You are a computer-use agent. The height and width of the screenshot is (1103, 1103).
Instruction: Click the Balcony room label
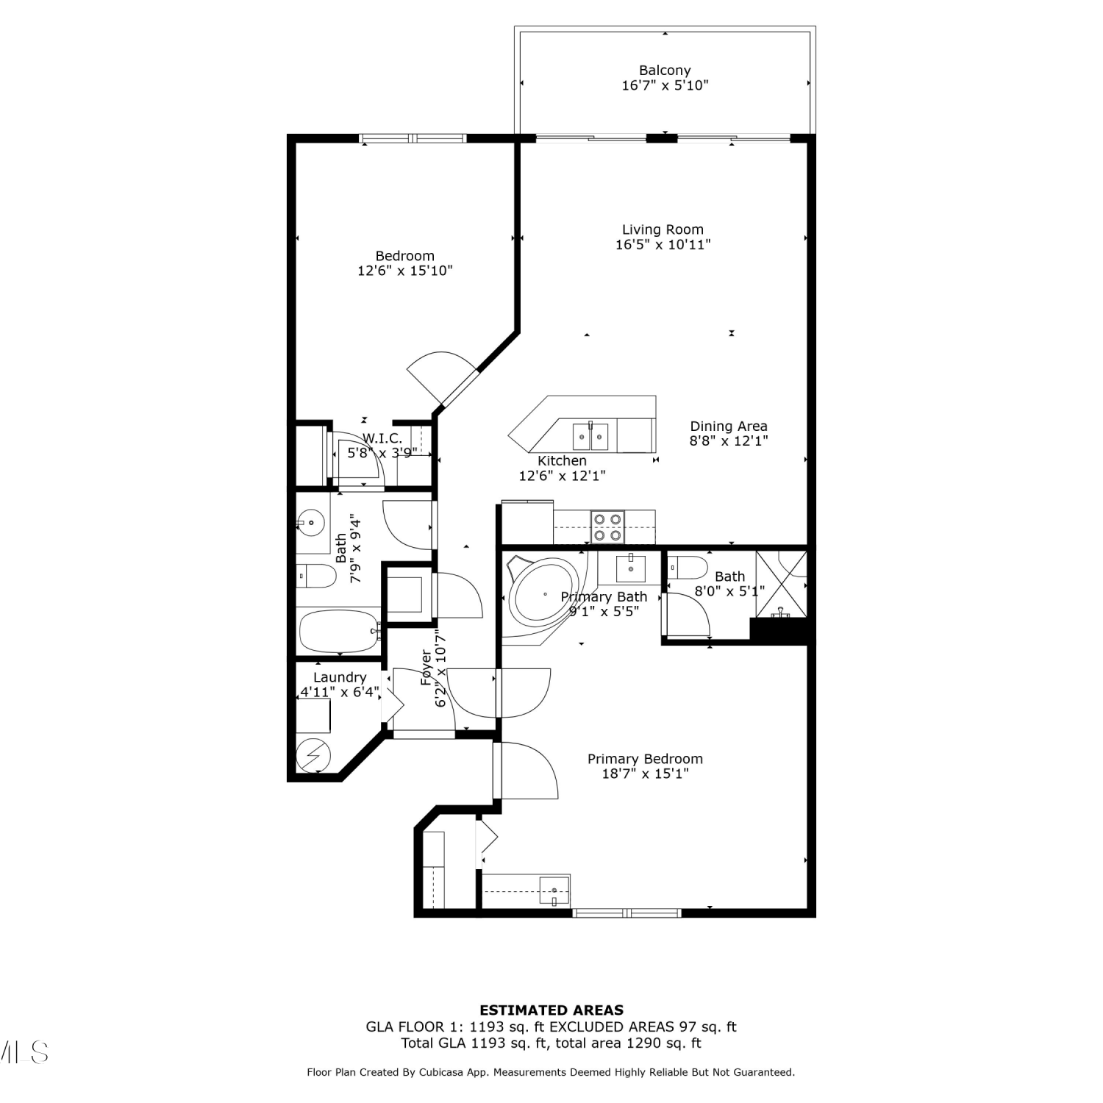665,71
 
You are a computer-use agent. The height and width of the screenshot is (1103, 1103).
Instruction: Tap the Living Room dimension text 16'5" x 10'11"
663,245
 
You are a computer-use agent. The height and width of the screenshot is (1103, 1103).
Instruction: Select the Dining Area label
729,426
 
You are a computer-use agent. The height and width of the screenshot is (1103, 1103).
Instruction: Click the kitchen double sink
591,437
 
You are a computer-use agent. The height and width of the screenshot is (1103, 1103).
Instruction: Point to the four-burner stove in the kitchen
608,526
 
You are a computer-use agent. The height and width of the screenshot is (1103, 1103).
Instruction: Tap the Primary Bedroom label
645,759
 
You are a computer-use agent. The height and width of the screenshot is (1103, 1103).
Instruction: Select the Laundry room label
340,678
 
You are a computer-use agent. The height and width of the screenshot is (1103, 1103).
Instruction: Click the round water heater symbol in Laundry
314,754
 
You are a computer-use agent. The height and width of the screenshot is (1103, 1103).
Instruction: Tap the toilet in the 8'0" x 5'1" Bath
688,568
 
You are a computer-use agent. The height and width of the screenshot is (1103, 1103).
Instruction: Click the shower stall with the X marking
782,585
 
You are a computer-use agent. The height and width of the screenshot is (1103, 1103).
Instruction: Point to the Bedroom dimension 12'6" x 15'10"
405,271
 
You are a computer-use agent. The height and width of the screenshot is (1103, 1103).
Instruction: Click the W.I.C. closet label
382,438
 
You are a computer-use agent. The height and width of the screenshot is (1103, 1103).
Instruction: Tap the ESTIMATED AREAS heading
551,1010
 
